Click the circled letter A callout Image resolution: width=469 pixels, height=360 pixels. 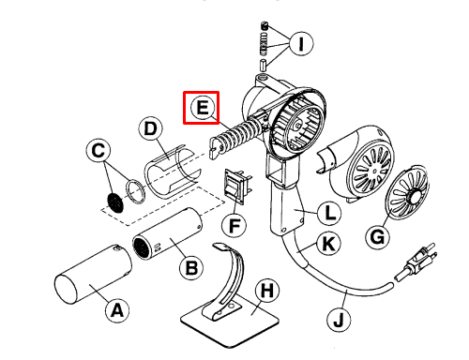(x=117, y=310)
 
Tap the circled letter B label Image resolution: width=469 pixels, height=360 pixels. (x=191, y=268)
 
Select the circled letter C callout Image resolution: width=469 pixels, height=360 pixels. (x=98, y=151)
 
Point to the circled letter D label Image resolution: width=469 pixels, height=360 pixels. (x=151, y=128)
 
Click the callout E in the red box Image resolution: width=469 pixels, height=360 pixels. (x=203, y=107)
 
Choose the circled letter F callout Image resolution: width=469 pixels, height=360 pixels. (x=234, y=225)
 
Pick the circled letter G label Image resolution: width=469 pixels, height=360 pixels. (x=378, y=237)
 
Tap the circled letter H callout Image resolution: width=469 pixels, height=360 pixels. (x=267, y=292)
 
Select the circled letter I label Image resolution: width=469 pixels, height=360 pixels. (x=301, y=43)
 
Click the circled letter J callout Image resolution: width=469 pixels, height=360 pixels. (x=339, y=320)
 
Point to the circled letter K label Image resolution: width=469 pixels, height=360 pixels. (x=328, y=243)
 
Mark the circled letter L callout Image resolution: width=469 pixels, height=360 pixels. (x=329, y=214)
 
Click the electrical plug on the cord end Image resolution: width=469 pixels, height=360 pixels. (x=415, y=262)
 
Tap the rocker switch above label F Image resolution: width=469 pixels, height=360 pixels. (x=236, y=187)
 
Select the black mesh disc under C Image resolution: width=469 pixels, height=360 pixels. (x=115, y=202)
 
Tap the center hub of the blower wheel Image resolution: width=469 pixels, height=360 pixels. (x=296, y=126)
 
